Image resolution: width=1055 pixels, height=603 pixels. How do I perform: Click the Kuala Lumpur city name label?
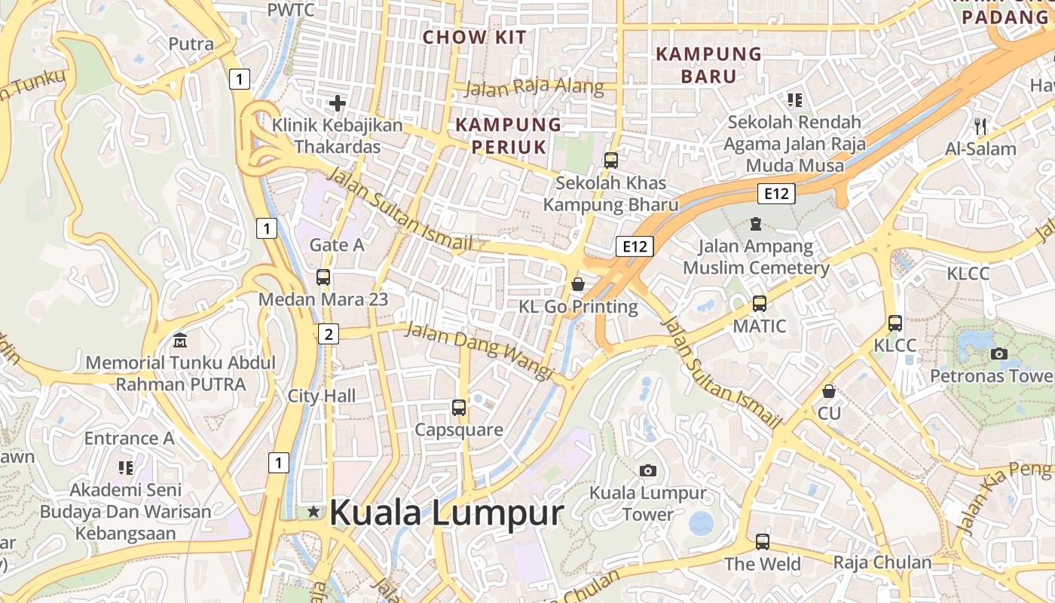tap(446, 513)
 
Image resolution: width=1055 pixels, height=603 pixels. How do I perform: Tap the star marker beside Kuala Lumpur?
tap(313, 512)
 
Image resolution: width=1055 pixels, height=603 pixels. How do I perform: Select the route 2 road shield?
tap(328, 333)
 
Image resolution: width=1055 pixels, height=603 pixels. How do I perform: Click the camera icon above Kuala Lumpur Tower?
tap(647, 470)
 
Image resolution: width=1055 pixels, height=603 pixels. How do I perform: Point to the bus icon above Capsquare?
tap(459, 408)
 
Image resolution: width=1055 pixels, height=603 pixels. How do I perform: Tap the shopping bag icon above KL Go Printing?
tap(578, 284)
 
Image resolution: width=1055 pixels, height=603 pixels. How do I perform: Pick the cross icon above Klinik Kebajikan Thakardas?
tap(338, 103)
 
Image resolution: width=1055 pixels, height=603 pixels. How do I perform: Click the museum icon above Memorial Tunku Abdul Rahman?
tap(180, 341)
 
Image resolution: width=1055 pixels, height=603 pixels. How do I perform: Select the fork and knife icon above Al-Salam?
tap(980, 126)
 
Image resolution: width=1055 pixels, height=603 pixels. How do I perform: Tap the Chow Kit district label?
tap(475, 37)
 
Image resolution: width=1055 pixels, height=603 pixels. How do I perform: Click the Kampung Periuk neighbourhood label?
tap(509, 135)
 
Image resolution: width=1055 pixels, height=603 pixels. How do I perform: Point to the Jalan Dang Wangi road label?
tap(480, 350)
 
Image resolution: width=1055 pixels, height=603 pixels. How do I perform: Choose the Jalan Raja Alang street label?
tap(534, 87)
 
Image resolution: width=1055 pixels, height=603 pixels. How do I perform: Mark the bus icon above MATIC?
tap(760, 304)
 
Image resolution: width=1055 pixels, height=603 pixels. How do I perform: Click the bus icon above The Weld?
tap(763, 541)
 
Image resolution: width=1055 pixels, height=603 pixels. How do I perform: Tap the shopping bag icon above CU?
tap(829, 391)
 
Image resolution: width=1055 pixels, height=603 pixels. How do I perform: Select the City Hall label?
tap(322, 396)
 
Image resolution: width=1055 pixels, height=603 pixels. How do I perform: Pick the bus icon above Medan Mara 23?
tap(323, 277)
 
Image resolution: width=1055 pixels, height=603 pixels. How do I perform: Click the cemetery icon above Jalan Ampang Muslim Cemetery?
tap(756, 224)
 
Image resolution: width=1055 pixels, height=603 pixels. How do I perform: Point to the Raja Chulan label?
tap(882, 562)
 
